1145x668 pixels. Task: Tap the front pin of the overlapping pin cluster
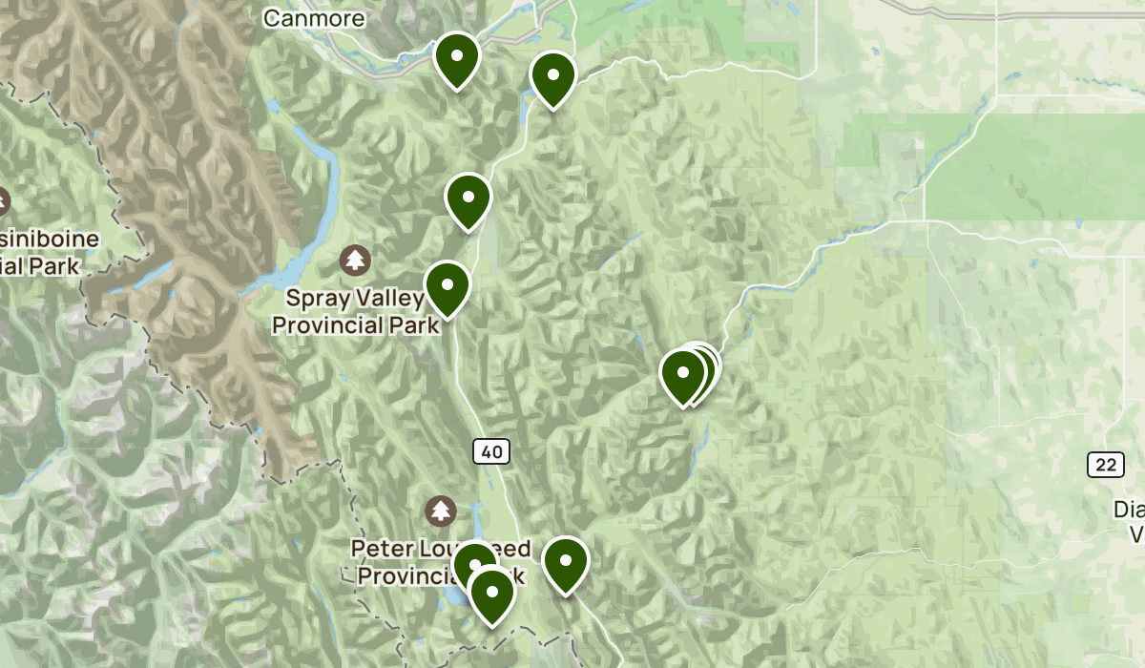pos(683,374)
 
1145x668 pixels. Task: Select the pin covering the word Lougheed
pos(474,564)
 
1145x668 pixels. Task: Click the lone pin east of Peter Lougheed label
pos(566,562)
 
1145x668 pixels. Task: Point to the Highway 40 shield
pos(489,451)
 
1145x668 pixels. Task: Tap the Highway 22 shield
pos(1105,466)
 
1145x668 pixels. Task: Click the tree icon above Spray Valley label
pos(356,259)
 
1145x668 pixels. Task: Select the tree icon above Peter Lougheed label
pos(441,510)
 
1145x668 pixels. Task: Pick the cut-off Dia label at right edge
pos(1129,511)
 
